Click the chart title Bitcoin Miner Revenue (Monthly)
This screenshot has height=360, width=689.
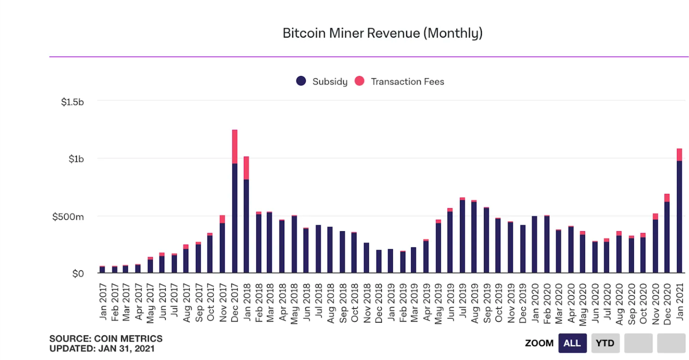(382, 33)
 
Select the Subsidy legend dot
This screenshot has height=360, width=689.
(301, 81)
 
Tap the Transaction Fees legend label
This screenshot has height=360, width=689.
(407, 82)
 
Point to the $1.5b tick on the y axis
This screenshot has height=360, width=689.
(72, 102)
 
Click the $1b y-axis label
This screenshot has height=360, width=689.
(76, 159)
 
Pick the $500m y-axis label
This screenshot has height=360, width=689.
(68, 217)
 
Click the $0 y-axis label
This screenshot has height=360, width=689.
(78, 274)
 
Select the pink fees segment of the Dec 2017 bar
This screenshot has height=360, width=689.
(235, 147)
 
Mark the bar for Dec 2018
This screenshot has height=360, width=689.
(379, 261)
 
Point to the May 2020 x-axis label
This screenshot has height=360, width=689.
(583, 304)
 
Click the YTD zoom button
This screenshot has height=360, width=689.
(605, 343)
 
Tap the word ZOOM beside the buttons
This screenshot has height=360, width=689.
(539, 343)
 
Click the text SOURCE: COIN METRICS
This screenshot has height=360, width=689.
(106, 339)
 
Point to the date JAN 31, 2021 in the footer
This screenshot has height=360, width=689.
(126, 349)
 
